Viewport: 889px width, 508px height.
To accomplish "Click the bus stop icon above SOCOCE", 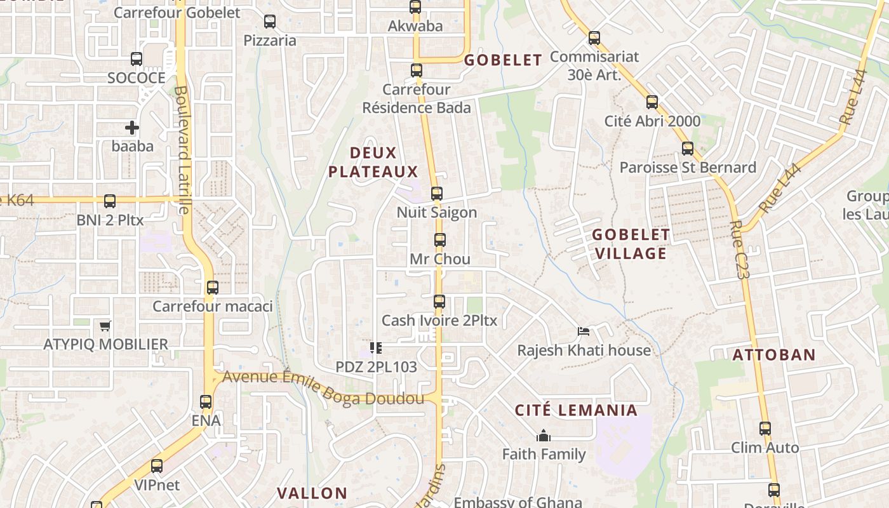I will pyautogui.click(x=137, y=59).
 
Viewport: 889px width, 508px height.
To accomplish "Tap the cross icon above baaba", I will pyautogui.click(x=132, y=128).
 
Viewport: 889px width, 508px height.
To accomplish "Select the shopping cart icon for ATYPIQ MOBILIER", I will pyautogui.click(x=105, y=326).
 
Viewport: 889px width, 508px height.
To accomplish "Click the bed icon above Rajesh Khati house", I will pyautogui.click(x=584, y=331).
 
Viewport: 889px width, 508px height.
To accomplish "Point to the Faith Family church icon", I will pyautogui.click(x=543, y=436).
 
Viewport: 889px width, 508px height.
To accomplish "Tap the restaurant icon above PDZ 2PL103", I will pyautogui.click(x=375, y=348).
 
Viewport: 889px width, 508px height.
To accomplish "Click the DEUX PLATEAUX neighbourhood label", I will pyautogui.click(x=373, y=162).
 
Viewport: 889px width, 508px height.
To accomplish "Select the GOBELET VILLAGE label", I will pyautogui.click(x=630, y=244).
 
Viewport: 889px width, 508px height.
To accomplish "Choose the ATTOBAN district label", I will pyautogui.click(x=773, y=354).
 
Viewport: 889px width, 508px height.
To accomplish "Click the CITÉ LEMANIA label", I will pyautogui.click(x=576, y=410).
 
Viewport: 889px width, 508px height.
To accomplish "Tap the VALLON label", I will pyautogui.click(x=312, y=493).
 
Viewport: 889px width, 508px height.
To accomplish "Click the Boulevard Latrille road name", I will pyautogui.click(x=182, y=150).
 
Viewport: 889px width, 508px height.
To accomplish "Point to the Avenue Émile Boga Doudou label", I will pyautogui.click(x=323, y=388).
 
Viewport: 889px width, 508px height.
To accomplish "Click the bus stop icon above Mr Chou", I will pyautogui.click(x=439, y=240).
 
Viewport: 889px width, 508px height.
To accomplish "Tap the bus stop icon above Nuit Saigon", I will pyautogui.click(x=436, y=194).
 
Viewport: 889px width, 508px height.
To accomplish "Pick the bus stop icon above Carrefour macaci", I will pyautogui.click(x=213, y=288).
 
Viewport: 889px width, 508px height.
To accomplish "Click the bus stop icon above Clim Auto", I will pyautogui.click(x=765, y=429).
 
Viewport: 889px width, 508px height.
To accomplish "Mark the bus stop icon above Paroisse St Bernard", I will pyautogui.click(x=688, y=149).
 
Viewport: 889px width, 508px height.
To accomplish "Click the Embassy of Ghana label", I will pyautogui.click(x=518, y=502).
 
